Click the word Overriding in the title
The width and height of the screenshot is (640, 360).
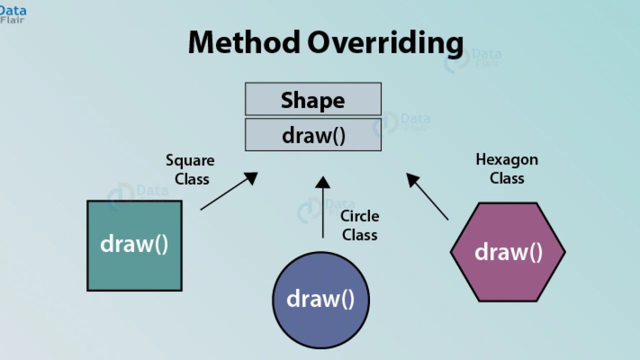pyautogui.click(x=385, y=43)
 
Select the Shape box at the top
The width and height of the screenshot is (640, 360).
pyautogui.click(x=313, y=99)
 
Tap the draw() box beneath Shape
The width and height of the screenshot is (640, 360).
pyautogui.click(x=313, y=135)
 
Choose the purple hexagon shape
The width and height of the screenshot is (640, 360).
pyautogui.click(x=507, y=280)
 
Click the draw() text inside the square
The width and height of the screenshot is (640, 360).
pyautogui.click(x=134, y=244)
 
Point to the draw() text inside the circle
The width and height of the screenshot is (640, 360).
pyautogui.click(x=320, y=299)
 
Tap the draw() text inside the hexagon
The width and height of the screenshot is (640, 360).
pyautogui.click(x=508, y=252)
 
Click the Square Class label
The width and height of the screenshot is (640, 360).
pyautogui.click(x=190, y=169)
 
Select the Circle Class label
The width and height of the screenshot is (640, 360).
pyautogui.click(x=359, y=225)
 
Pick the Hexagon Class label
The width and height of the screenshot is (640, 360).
pyautogui.click(x=506, y=168)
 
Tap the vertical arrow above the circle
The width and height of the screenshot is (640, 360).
pyautogui.click(x=323, y=210)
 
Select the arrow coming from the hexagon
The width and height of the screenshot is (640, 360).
pyautogui.click(x=430, y=198)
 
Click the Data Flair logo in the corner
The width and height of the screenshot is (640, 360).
pyautogui.click(x=13, y=14)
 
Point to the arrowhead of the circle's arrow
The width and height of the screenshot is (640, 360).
pyautogui.click(x=323, y=181)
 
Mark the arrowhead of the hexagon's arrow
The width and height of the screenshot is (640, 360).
pyautogui.click(x=412, y=179)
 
